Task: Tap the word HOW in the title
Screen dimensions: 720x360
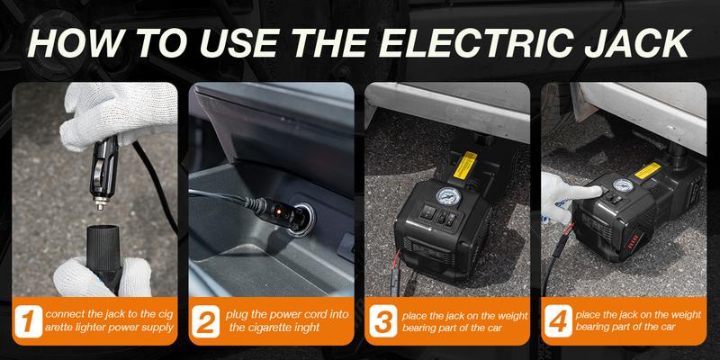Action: click(74, 43)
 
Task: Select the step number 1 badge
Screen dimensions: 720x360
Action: click(29, 321)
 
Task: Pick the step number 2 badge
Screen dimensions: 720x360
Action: click(205, 321)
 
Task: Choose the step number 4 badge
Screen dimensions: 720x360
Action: click(558, 321)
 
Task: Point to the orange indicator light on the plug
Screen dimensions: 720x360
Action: click(277, 211)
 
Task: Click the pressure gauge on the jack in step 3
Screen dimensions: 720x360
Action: click(445, 196)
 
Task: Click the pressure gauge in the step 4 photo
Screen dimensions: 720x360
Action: click(623, 185)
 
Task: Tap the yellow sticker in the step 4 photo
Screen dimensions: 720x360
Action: click(647, 170)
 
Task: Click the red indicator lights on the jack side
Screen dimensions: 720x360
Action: click(634, 241)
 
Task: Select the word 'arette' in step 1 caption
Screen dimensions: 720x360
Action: click(59, 328)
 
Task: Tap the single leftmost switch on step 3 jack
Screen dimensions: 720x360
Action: click(428, 211)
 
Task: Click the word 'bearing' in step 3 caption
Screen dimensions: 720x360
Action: click(418, 328)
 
